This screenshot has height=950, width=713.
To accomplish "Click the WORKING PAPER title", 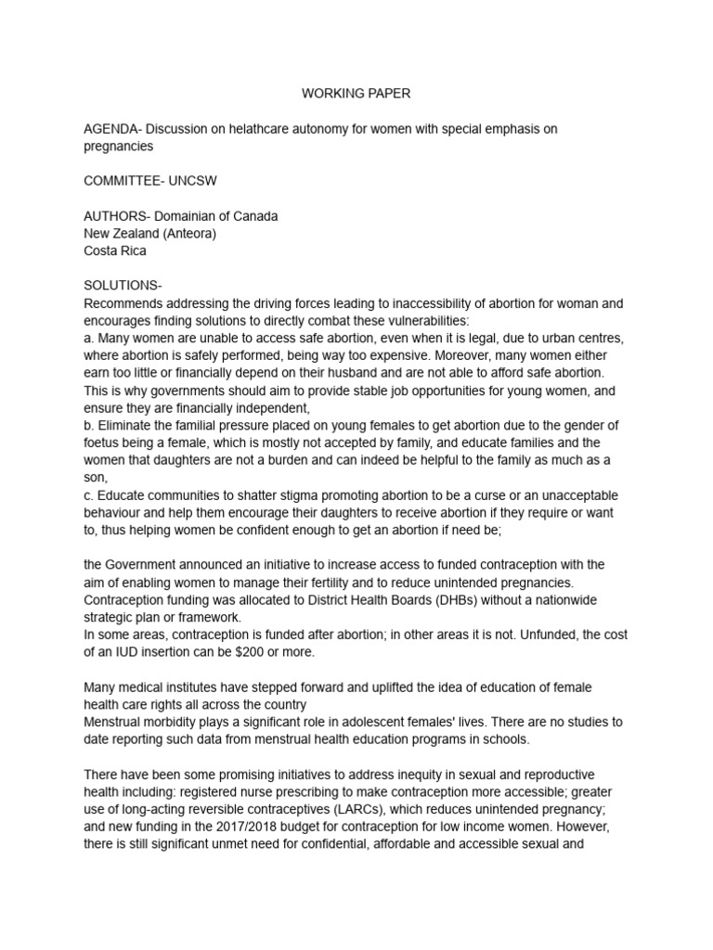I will tap(356, 94).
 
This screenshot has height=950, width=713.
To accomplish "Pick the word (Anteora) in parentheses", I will tap(188, 233).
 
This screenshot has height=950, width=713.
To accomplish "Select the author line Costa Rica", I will tap(115, 250).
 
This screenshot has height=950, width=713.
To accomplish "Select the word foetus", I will tap(102, 443).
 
